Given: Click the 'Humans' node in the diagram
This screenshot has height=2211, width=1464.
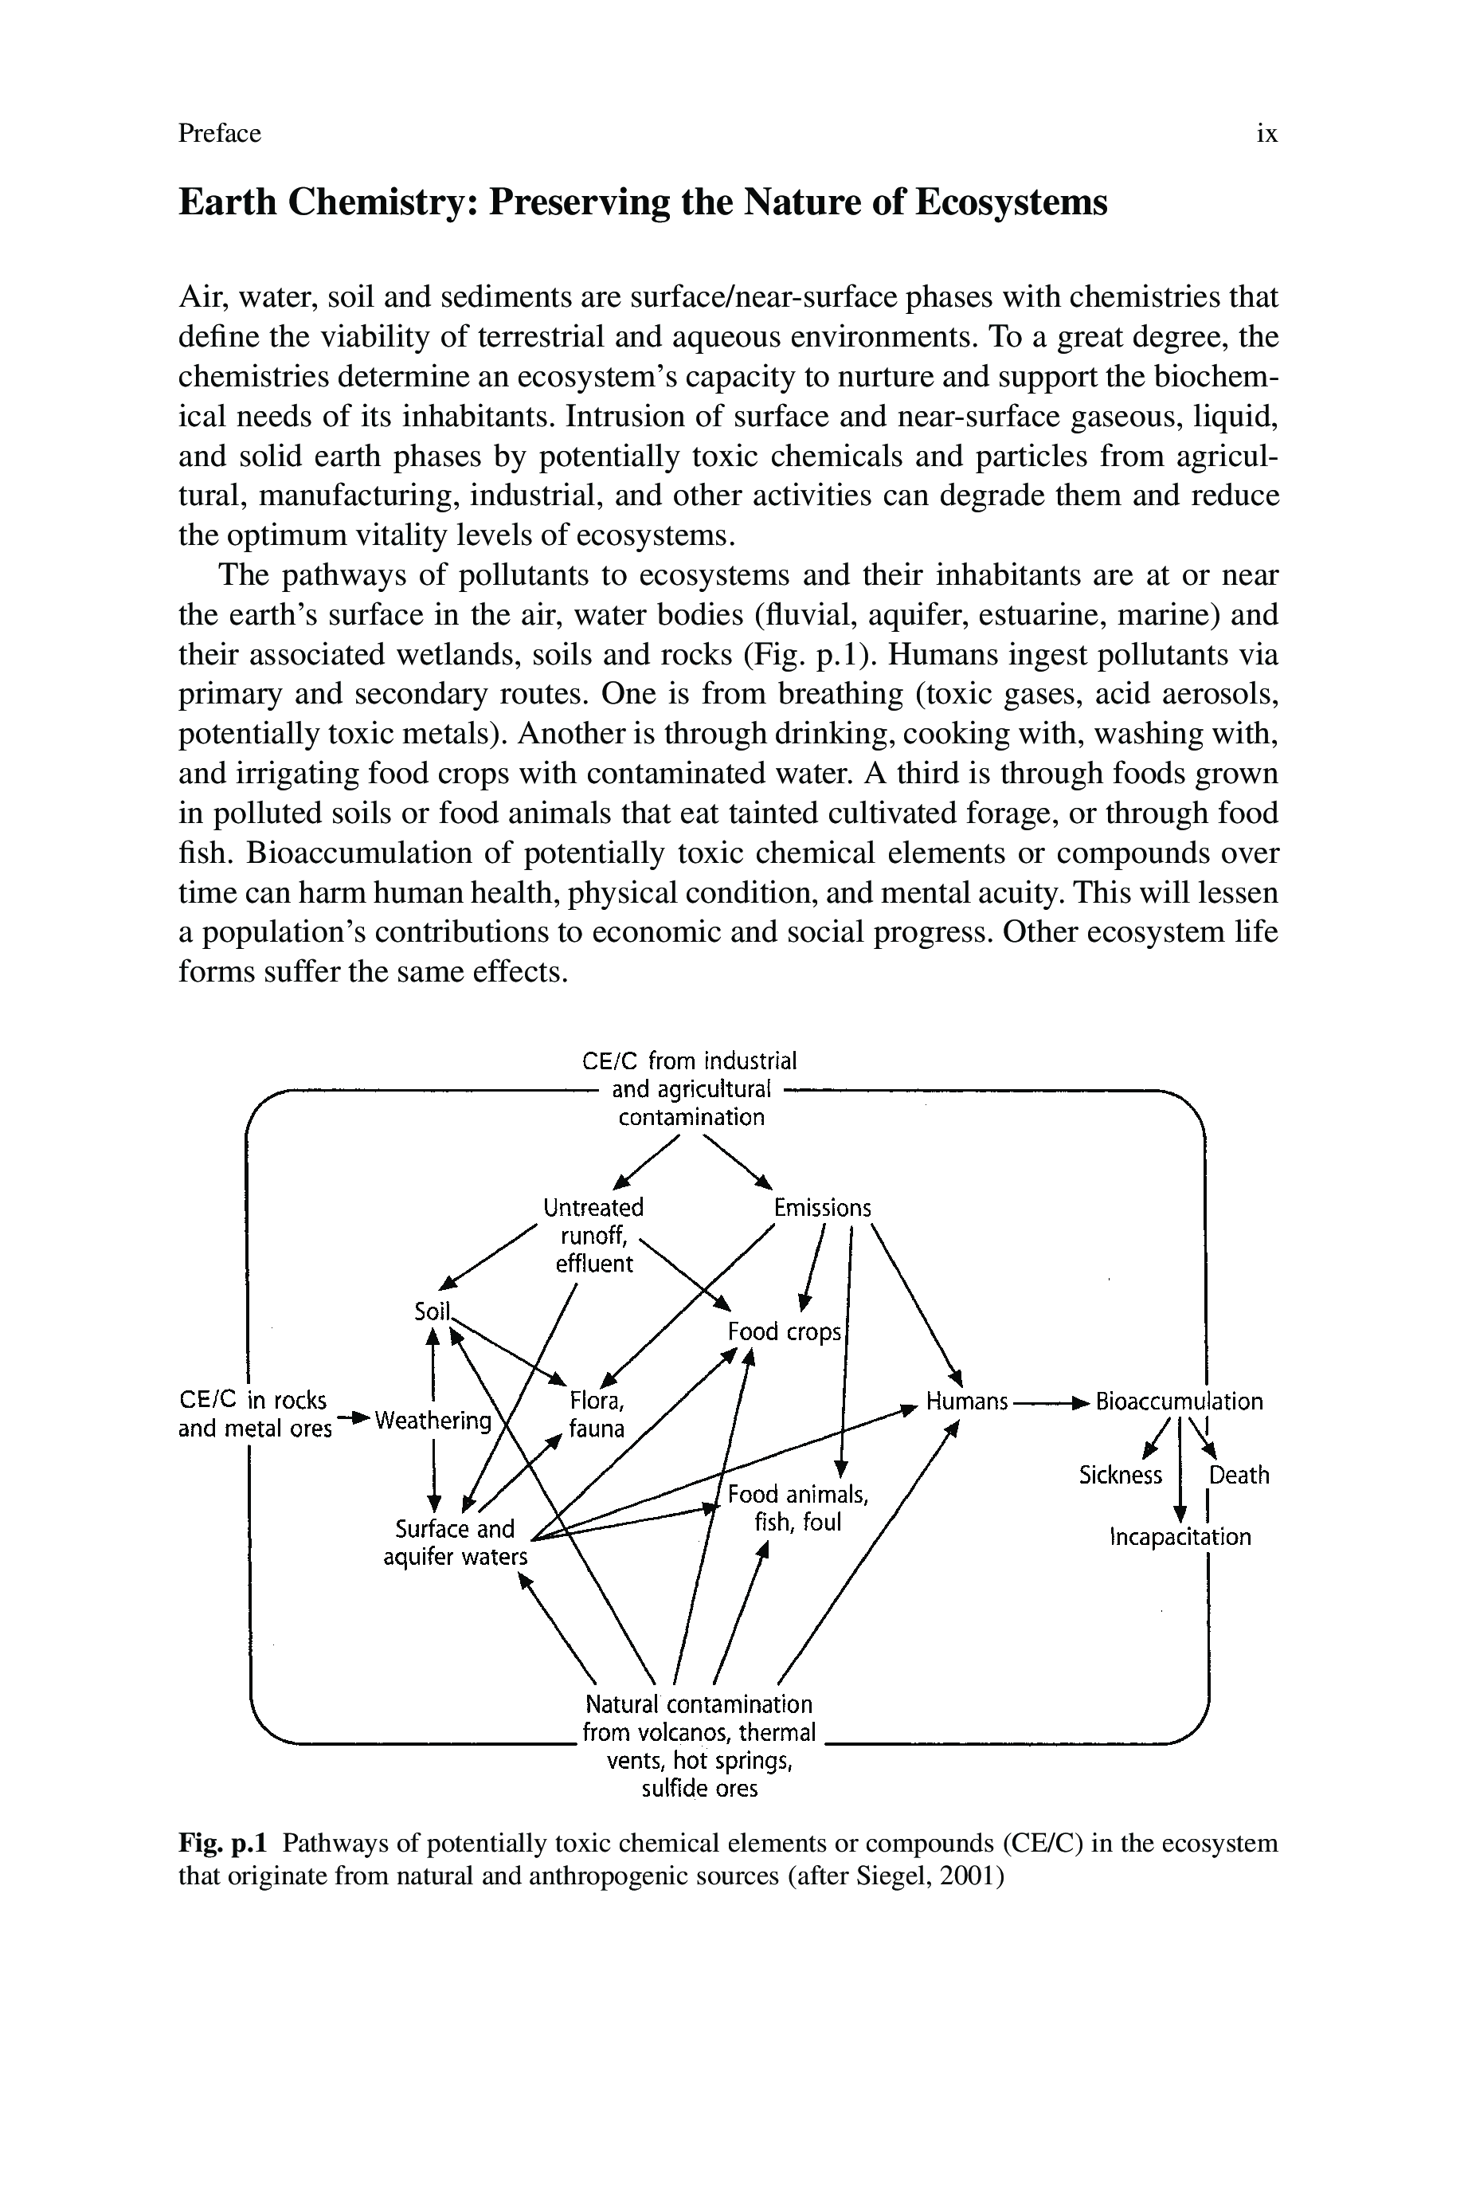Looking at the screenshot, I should coord(966,1401).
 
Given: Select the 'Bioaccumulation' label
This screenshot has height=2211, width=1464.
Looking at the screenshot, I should coord(1179,1401).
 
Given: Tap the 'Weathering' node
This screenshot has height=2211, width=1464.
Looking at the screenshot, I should coord(433,1421).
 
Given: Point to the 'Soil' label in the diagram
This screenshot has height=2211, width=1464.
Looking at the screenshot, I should coord(432,1311).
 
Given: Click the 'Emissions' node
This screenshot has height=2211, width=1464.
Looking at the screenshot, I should coord(822,1208).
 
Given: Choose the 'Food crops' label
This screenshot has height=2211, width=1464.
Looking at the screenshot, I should coord(785,1331).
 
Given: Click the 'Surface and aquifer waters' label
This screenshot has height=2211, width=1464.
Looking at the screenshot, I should coord(456,1543).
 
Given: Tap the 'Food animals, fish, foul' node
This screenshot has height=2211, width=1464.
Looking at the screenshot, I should coord(798,1508).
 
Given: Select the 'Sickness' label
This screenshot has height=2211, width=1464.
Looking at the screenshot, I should coord(1121,1476).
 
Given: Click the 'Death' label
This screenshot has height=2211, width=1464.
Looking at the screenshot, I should coord(1239,1476).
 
